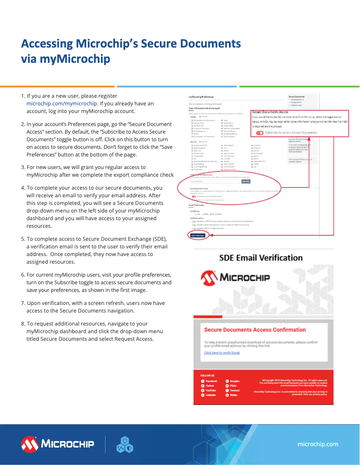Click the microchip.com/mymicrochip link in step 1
coord(62,104)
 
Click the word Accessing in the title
coord(47,44)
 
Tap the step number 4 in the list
coord(23,188)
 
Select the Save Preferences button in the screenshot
coord(198,235)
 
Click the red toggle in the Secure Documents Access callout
coord(259,133)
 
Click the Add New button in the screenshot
coord(246,181)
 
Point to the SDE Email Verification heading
coord(261,258)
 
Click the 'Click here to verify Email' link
coord(222,353)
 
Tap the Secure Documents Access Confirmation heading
coord(255,330)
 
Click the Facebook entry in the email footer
coord(211,381)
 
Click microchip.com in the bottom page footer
coord(318,443)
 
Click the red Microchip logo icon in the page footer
coord(30,444)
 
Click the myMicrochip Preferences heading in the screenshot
coord(201,97)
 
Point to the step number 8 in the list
coord(23,323)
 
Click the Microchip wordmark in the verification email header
coord(245,277)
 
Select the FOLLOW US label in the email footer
coord(207,375)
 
